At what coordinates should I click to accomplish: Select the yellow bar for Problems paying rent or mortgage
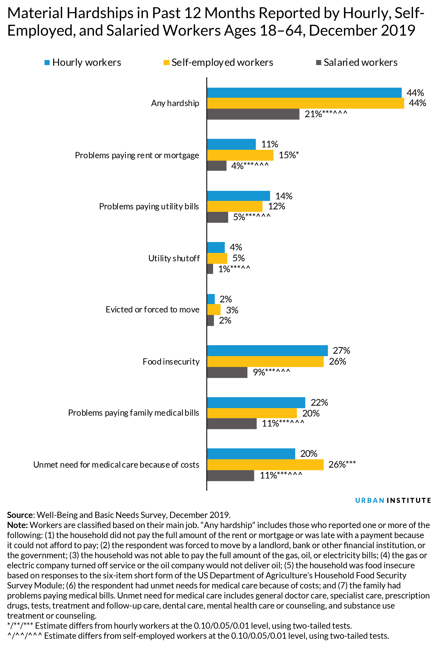tap(240, 155)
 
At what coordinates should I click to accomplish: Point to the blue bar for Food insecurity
tap(267, 350)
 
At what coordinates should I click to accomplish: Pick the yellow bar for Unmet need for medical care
tap(265, 464)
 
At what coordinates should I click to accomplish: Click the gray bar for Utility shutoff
tap(210, 269)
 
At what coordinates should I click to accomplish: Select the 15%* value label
tap(289, 155)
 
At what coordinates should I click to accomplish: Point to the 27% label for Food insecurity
tap(341, 350)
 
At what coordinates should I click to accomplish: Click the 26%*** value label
tap(342, 464)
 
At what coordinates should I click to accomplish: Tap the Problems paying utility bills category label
tap(149, 207)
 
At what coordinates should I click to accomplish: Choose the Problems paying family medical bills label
tap(133, 413)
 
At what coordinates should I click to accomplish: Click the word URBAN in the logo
tap(370, 500)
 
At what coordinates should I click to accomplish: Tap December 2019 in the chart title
tap(362, 31)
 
